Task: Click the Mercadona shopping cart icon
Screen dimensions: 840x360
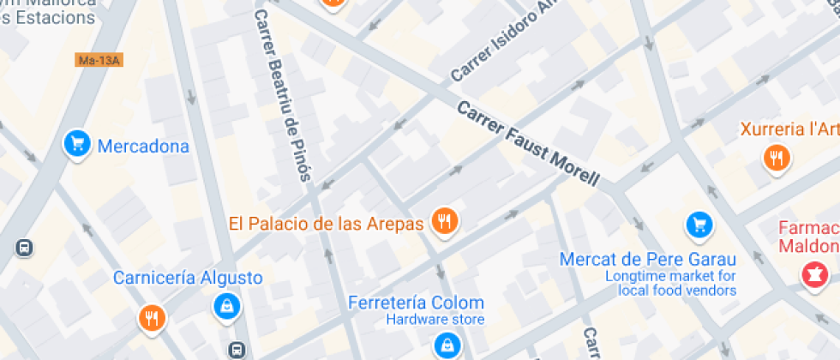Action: point(77,143)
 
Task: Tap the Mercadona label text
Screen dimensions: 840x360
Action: point(143,146)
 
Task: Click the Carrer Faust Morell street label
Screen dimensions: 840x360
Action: point(526,144)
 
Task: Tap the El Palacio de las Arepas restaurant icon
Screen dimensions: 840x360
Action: point(443,221)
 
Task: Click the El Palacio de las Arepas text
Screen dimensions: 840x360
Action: point(326,224)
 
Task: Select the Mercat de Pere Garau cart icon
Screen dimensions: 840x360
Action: point(699,225)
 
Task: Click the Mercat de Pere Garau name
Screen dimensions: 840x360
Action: point(647,259)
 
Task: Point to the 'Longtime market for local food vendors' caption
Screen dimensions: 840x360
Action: point(670,283)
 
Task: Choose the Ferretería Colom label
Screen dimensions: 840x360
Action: point(416,303)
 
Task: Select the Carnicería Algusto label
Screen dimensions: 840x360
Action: point(189,278)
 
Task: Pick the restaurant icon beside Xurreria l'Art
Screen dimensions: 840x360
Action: point(777,156)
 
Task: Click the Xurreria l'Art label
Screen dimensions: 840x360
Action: point(790,129)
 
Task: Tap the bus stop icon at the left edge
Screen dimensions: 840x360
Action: point(24,248)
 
